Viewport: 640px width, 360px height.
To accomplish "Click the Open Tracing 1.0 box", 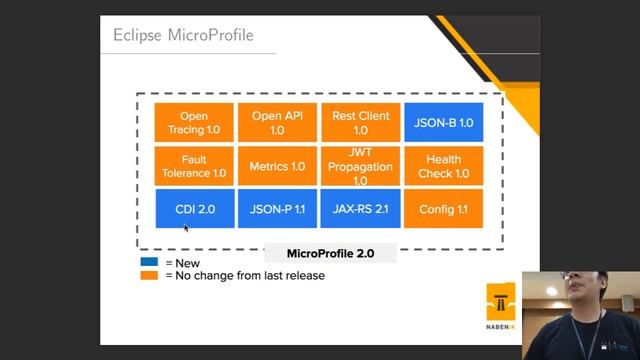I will tap(194, 123).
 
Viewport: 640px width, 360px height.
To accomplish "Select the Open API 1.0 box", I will tap(277, 123).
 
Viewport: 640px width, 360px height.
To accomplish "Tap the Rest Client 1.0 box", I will tap(360, 123).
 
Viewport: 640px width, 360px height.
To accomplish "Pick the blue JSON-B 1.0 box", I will tap(443, 123).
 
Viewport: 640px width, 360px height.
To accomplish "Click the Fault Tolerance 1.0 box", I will tap(194, 166).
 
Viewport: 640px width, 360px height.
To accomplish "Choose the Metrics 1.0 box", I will tap(277, 166).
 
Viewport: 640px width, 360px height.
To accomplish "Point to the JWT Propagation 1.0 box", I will tap(360, 166).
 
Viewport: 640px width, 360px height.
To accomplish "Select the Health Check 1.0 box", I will tap(443, 166).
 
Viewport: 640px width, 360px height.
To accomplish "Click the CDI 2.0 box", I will tap(194, 209).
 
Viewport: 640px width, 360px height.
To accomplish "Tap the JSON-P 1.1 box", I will tap(277, 209).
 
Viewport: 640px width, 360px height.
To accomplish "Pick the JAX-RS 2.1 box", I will tap(360, 209).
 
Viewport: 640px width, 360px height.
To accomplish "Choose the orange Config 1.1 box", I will tap(443, 209).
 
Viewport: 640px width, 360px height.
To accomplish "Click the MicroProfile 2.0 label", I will tap(330, 254).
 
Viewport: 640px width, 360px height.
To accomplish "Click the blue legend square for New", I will tap(149, 263).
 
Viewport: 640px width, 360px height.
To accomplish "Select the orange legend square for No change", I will tap(149, 275).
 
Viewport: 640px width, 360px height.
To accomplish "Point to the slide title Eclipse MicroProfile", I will tap(183, 36).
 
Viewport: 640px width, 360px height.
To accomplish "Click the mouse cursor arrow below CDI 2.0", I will tap(186, 229).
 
